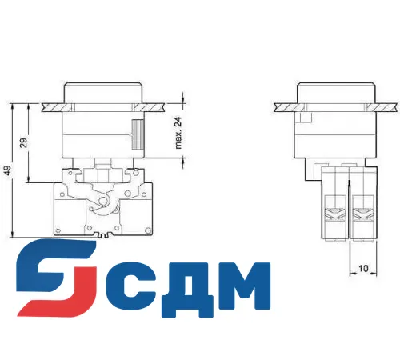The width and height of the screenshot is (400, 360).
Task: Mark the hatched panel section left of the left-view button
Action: click(46, 105)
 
